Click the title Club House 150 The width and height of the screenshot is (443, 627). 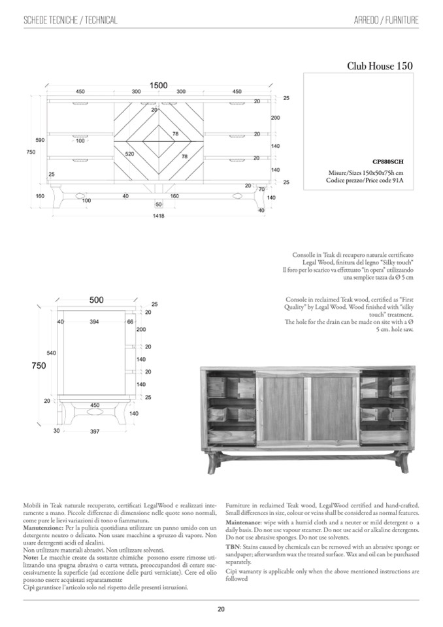tap(380, 66)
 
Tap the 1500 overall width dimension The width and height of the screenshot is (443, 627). tap(159, 85)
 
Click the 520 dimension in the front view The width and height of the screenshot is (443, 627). tap(130, 154)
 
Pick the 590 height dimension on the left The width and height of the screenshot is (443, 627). tap(40, 140)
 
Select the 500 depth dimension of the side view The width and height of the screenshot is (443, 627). tap(96, 300)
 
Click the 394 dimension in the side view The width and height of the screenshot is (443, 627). tap(94, 322)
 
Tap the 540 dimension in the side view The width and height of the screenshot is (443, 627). tap(51, 353)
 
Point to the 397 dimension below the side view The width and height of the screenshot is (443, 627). tap(95, 432)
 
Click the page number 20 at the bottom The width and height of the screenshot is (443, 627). tap(222, 609)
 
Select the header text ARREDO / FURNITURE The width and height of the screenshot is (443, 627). tap(386, 21)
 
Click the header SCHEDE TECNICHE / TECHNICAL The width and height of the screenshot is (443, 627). tap(70, 21)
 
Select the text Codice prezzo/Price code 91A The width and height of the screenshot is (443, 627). tap(371, 180)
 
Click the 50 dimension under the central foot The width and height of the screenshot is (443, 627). tap(159, 205)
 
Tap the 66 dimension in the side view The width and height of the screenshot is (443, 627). tap(130, 322)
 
